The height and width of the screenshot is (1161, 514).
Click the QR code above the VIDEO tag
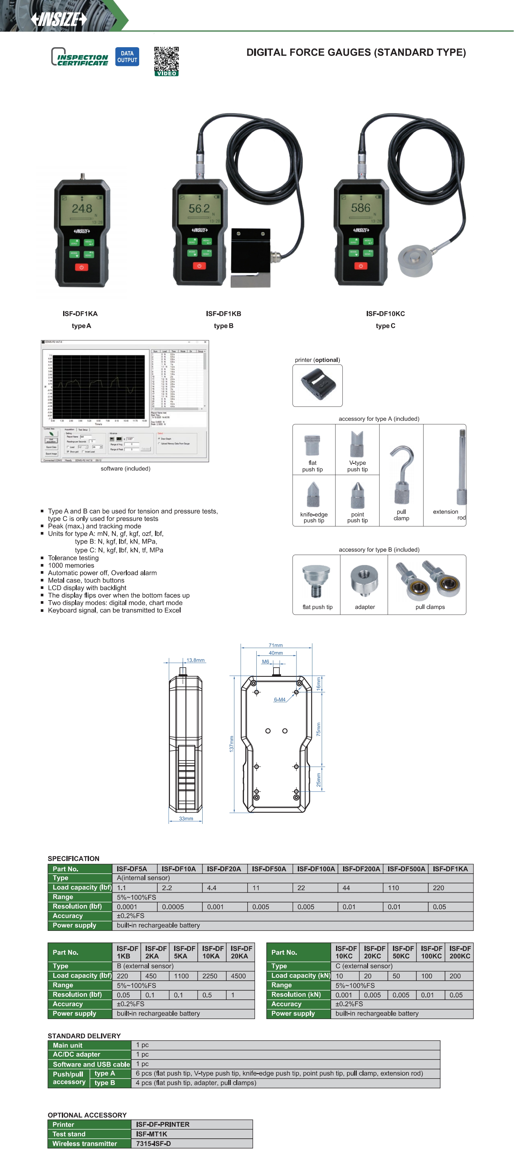point(166,59)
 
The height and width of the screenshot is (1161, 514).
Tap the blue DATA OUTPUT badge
point(127,57)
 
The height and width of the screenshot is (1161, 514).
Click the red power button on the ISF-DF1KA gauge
point(81,267)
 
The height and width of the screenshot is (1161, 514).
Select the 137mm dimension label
point(231,744)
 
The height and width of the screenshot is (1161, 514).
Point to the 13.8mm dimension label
point(196,660)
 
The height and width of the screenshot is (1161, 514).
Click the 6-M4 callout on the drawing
point(279,699)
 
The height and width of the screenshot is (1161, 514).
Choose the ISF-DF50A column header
point(269,869)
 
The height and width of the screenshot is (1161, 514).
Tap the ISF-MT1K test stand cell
point(151,1134)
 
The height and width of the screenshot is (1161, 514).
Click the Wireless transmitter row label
point(84,1144)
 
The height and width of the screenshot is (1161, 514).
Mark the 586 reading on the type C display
point(361,208)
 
